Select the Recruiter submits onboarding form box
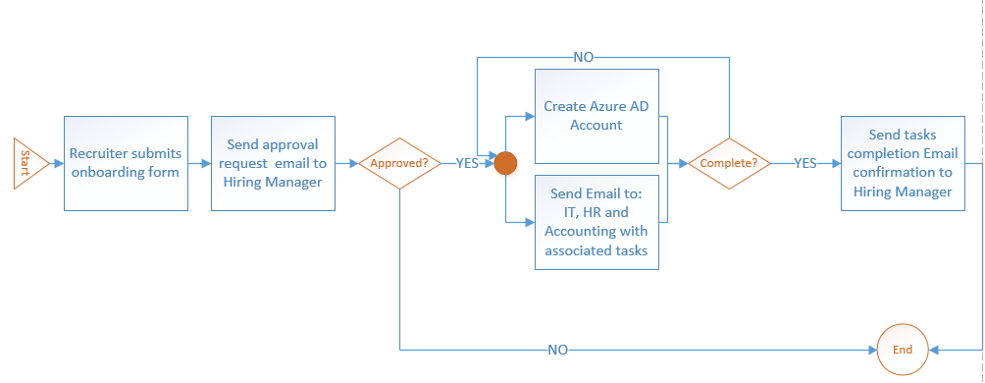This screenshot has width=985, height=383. (x=126, y=163)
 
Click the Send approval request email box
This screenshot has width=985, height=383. (x=273, y=163)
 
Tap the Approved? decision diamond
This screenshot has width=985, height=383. (x=399, y=163)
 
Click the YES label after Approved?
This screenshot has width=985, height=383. (x=466, y=163)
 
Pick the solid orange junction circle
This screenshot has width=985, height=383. (x=504, y=163)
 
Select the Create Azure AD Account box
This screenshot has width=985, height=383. (x=596, y=116)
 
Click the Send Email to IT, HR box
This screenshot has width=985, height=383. (x=596, y=223)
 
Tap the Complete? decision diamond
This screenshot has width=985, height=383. (x=728, y=163)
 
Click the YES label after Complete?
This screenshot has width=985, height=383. (x=804, y=163)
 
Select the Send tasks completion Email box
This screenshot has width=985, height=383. (x=900, y=162)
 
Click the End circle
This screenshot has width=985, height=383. (x=902, y=350)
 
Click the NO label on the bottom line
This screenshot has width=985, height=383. (x=557, y=350)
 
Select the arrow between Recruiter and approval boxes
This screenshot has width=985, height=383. (x=199, y=163)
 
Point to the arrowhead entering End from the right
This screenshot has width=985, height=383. (x=934, y=350)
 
